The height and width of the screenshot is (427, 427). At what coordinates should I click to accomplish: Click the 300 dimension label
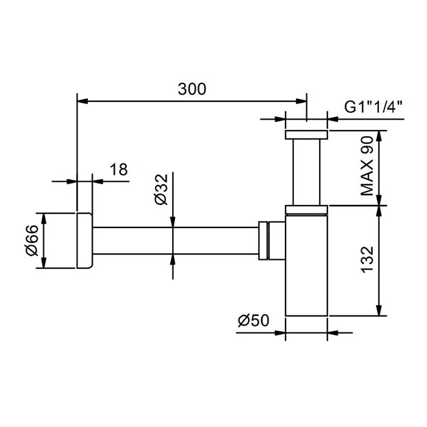point(192,89)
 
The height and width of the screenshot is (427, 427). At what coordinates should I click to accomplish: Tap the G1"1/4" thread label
point(373,107)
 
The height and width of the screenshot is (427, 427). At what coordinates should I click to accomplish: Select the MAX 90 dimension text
point(367,166)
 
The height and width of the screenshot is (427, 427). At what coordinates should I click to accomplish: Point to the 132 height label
point(367,259)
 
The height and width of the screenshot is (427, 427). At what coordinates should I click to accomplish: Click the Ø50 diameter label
point(253,320)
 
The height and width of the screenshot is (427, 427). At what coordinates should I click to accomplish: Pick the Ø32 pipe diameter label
point(161,190)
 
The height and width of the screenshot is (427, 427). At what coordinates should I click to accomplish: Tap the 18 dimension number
point(119,170)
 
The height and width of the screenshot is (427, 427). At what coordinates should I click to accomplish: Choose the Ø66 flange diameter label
point(32,240)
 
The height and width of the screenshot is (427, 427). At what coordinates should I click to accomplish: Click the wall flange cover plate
point(85,240)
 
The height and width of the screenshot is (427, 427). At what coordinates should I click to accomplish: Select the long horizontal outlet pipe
point(176,240)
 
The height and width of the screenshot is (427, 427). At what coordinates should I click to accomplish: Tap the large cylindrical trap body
point(306,265)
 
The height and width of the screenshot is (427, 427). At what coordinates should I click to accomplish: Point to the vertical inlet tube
point(306,172)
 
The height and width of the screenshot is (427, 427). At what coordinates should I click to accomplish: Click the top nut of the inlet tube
point(306,135)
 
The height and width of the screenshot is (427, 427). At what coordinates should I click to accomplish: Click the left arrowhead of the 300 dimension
point(82,101)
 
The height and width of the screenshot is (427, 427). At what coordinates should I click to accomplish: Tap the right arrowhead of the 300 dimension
point(301,101)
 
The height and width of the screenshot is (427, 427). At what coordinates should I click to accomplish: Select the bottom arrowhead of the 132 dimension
point(379,310)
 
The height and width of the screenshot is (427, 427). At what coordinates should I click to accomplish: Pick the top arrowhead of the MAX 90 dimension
point(379,136)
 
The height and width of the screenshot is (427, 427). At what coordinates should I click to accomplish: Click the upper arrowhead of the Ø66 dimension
point(43,218)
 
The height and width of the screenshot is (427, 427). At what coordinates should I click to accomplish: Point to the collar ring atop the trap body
point(306,210)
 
